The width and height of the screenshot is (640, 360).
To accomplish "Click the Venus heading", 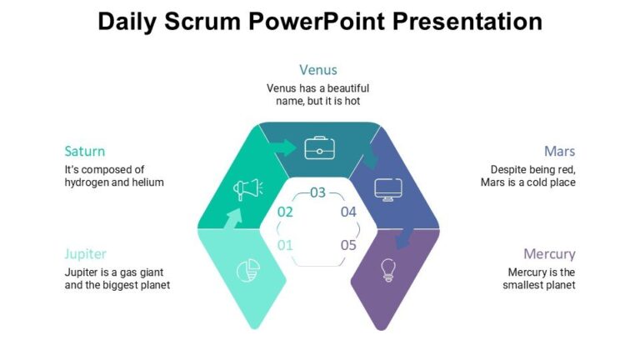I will tap(318, 70).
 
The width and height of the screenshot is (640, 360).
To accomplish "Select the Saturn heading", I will tap(85, 151).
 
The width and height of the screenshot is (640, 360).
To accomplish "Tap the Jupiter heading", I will tap(86, 253).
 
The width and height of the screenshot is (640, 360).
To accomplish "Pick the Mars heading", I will tap(559, 151).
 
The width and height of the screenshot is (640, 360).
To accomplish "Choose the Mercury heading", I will tap(549, 253).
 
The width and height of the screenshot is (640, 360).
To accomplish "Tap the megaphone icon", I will tap(247, 189).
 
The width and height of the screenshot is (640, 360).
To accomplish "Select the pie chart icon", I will tap(247, 269).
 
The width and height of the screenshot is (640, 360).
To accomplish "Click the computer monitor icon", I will tap(388, 189).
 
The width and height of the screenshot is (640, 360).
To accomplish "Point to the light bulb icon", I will tap(387, 269).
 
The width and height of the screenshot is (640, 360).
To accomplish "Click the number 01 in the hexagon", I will tap(285, 245).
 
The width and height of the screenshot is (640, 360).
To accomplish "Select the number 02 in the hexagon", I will tap(285, 212).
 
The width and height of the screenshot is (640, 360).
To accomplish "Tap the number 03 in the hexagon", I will tap(318, 192).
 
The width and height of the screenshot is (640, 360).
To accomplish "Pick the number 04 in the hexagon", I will tap(348, 212).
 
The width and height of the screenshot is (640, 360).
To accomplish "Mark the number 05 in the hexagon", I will tap(348, 245).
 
